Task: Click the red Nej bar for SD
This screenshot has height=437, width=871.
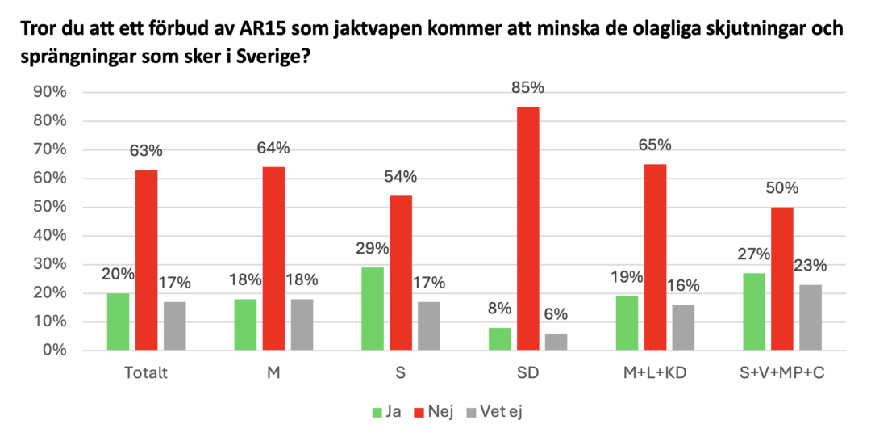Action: coord(527,229)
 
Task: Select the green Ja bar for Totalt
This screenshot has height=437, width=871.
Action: coord(118,321)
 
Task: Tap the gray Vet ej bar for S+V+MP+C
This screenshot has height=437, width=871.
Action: coord(810,317)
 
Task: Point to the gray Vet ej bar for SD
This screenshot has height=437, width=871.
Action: coord(556,342)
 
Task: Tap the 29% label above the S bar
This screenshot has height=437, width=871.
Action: coord(373,248)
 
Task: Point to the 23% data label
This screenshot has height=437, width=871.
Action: coord(810,264)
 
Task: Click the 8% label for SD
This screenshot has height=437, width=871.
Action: coord(500,309)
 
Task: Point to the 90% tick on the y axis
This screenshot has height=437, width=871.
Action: coord(48,92)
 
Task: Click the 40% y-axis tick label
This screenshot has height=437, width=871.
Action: coord(48,236)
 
